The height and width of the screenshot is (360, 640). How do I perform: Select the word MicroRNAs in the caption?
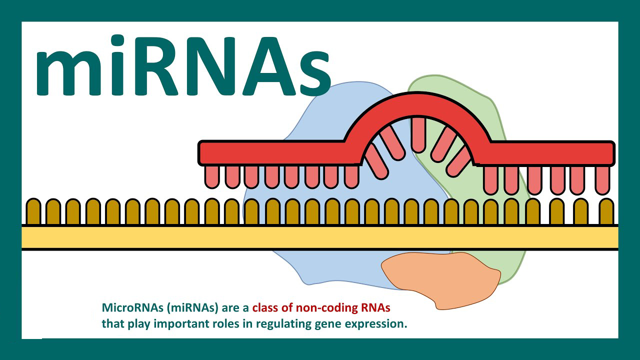coord(133,307)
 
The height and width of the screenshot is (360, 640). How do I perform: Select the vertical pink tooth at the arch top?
coord(418,135)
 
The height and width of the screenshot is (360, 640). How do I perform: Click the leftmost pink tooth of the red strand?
coord(212,177)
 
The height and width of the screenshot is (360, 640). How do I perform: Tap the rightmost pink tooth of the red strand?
coord(602,180)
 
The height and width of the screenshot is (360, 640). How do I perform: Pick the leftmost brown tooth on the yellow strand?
coord(33,211)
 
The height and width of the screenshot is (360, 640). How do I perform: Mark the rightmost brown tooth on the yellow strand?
coord(606,211)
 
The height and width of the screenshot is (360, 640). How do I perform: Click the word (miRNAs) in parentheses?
coord(192,308)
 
